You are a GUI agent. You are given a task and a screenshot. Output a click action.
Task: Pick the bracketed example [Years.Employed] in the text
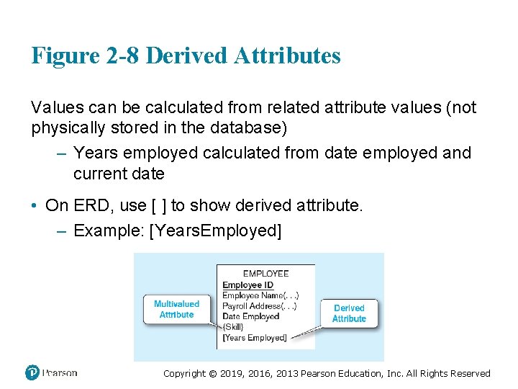(x=214, y=231)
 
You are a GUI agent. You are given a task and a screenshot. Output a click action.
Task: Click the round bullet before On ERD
(x=35, y=206)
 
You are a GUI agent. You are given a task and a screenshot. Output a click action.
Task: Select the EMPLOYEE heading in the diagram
(x=265, y=274)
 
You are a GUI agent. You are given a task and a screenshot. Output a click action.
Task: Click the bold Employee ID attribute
(x=247, y=285)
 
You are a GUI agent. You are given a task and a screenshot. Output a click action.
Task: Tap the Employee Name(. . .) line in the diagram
(x=260, y=295)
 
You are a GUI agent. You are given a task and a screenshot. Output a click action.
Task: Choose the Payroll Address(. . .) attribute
(x=259, y=306)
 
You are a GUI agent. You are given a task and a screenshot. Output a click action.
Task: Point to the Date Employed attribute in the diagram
(x=250, y=316)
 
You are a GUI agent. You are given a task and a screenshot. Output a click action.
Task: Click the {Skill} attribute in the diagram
(x=233, y=327)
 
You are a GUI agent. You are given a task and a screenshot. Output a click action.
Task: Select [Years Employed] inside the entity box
(x=255, y=337)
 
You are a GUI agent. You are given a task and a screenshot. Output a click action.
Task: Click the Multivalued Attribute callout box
(x=176, y=309)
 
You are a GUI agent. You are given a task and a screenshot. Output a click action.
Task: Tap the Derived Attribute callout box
(x=349, y=313)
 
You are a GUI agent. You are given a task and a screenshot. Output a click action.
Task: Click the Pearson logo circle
(x=32, y=372)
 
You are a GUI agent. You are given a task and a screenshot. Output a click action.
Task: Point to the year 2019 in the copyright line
(x=235, y=373)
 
